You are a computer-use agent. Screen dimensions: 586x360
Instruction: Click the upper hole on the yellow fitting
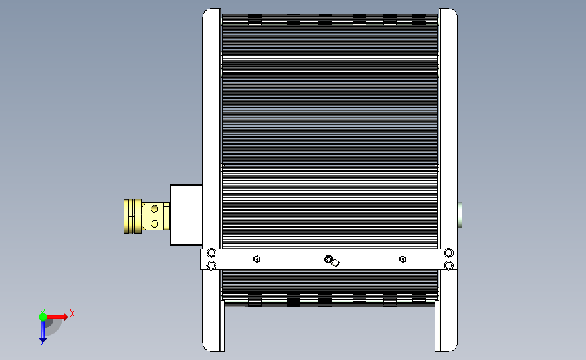coord(154,209)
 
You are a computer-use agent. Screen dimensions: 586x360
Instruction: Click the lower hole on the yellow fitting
coord(154,224)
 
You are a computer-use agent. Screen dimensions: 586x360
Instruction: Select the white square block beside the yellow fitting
coord(186,215)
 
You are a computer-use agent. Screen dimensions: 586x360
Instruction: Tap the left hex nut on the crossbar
coord(257,259)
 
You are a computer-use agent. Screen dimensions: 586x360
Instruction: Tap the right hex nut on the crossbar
coord(403,259)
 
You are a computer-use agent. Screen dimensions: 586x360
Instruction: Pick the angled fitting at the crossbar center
coord(332,261)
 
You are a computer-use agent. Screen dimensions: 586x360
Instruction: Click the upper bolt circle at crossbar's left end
coord(211,253)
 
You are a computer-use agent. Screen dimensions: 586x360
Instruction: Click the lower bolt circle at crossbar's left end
coord(211,265)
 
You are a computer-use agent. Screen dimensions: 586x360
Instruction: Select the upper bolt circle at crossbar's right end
coord(449,253)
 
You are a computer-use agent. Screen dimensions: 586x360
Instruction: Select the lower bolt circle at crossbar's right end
coord(449,265)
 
